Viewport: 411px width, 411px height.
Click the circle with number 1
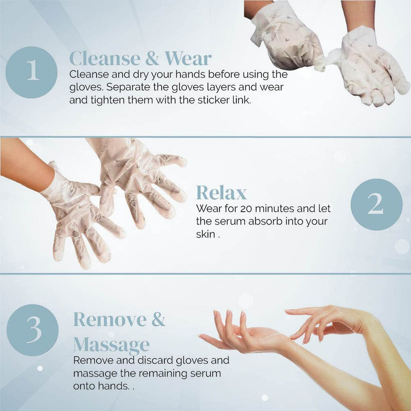click(x=31, y=72)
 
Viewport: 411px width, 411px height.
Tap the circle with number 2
click(x=377, y=204)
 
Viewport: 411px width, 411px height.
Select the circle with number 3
click(x=32, y=330)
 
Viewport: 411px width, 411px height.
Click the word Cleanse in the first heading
click(x=105, y=58)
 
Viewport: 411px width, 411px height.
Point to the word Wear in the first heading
click(x=188, y=58)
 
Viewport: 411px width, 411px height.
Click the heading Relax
click(x=221, y=193)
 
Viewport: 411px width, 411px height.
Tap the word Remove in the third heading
click(x=110, y=320)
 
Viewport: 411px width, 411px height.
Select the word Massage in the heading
click(x=111, y=345)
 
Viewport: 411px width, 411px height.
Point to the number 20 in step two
click(x=247, y=209)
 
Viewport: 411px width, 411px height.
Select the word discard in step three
click(x=156, y=360)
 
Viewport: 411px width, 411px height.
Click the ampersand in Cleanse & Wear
click(x=152, y=58)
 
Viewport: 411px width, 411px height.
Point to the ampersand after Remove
click(x=158, y=320)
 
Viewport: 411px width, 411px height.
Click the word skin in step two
click(x=206, y=234)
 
